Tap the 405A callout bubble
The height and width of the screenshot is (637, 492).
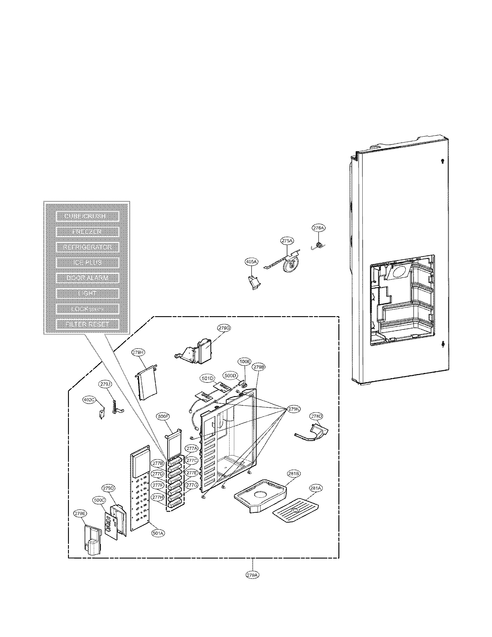[x=251, y=262]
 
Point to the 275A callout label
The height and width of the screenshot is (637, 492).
[x=287, y=241]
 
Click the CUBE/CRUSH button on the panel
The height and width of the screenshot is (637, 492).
[x=87, y=216]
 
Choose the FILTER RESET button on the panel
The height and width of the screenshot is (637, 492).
[x=87, y=324]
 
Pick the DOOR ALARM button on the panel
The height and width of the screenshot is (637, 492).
[x=87, y=278]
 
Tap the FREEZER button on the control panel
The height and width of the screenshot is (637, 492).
[x=87, y=232]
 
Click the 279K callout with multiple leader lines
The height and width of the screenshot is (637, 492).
[x=293, y=409]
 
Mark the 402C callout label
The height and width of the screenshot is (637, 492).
[x=89, y=400]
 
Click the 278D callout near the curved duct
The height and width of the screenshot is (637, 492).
[x=317, y=416]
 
